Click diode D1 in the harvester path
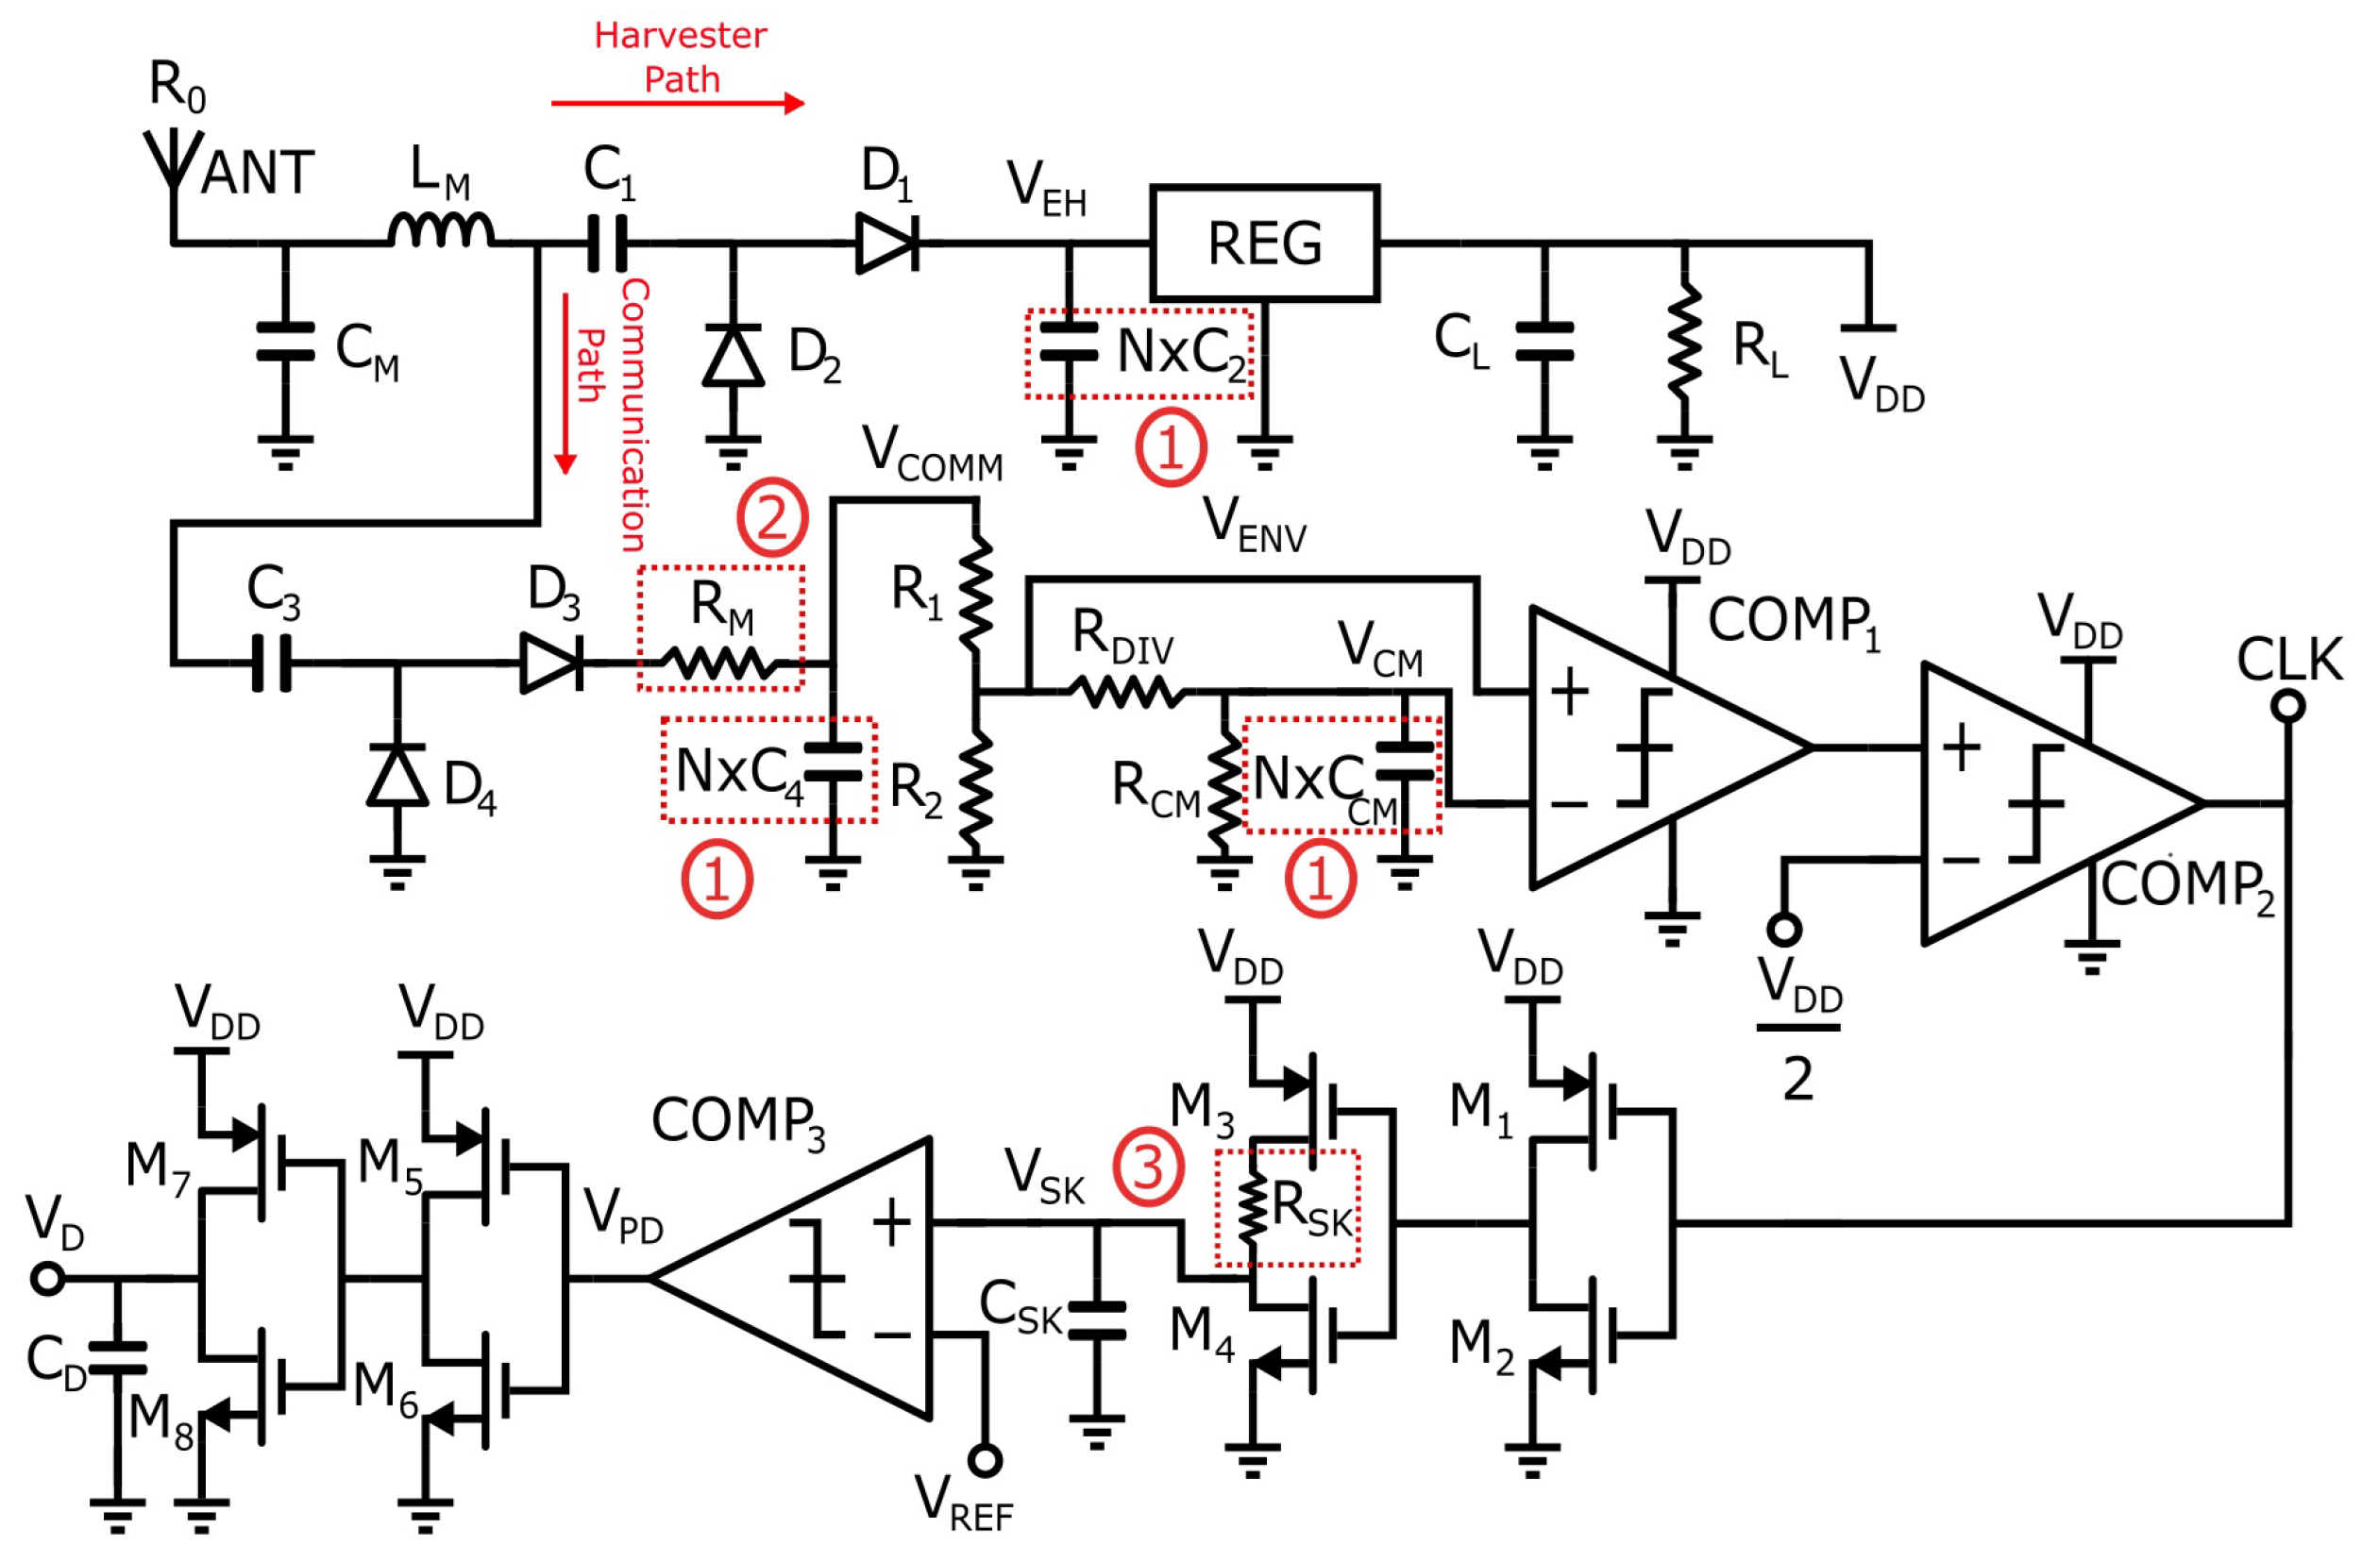tap(886, 242)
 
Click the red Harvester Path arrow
tap(678, 103)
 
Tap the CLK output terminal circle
tap(2288, 706)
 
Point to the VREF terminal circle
tap(985, 1460)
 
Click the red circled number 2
tap(771, 517)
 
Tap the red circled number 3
tap(1148, 1167)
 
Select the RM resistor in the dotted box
tap(719, 663)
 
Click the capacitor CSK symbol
tap(1096, 1320)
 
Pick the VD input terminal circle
tap(48, 1278)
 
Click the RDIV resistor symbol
tap(1125, 690)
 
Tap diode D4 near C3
tap(396, 776)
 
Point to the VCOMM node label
tap(931, 453)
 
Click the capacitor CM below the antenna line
tap(285, 341)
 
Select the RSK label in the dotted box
tap(1311, 1208)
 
